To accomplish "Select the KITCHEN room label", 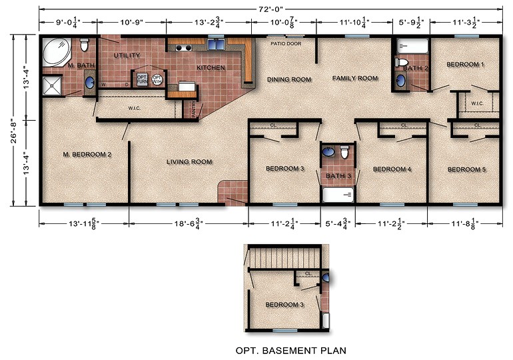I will tap(211, 68).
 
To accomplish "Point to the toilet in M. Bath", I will tap(85, 47).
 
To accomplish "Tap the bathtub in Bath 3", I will tap(340, 194).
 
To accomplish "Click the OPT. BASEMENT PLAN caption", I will tap(290, 349).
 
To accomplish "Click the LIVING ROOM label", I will tap(189, 162).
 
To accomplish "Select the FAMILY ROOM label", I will tap(355, 79).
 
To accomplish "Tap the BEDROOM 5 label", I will tap(466, 169).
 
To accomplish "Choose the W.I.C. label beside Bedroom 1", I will tap(477, 103).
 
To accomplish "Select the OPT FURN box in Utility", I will tap(141, 79).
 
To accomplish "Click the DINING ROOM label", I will tap(289, 80).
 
